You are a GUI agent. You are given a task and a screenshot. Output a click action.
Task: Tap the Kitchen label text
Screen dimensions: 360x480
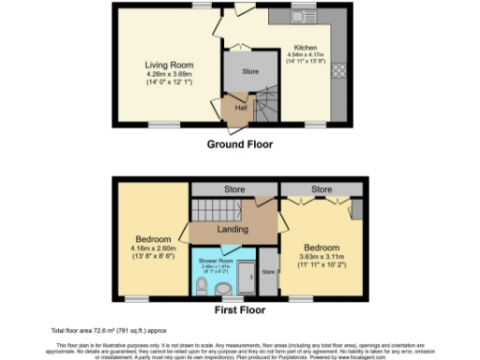click(x=306, y=47)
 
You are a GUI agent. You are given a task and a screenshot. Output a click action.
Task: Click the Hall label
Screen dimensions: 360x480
click(x=240, y=109)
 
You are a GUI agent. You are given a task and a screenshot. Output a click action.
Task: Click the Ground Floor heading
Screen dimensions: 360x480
click(x=240, y=144)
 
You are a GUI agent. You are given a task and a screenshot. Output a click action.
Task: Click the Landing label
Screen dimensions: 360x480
click(x=232, y=229)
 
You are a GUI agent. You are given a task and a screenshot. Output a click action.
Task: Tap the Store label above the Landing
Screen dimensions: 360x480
click(x=234, y=188)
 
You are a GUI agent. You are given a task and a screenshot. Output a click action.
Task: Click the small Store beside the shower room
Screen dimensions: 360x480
click(x=267, y=273)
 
